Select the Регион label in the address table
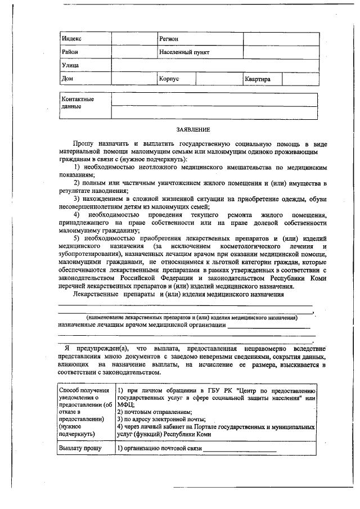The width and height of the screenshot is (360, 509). [169, 39]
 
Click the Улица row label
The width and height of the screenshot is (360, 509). [70, 66]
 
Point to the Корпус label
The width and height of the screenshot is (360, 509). [169, 79]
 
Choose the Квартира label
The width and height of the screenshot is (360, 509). [257, 79]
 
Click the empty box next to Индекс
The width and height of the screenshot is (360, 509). [133, 39]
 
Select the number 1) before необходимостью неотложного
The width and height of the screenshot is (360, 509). [78, 168]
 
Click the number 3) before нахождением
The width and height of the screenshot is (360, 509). [78, 199]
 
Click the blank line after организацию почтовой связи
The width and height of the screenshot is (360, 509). [240, 449]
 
